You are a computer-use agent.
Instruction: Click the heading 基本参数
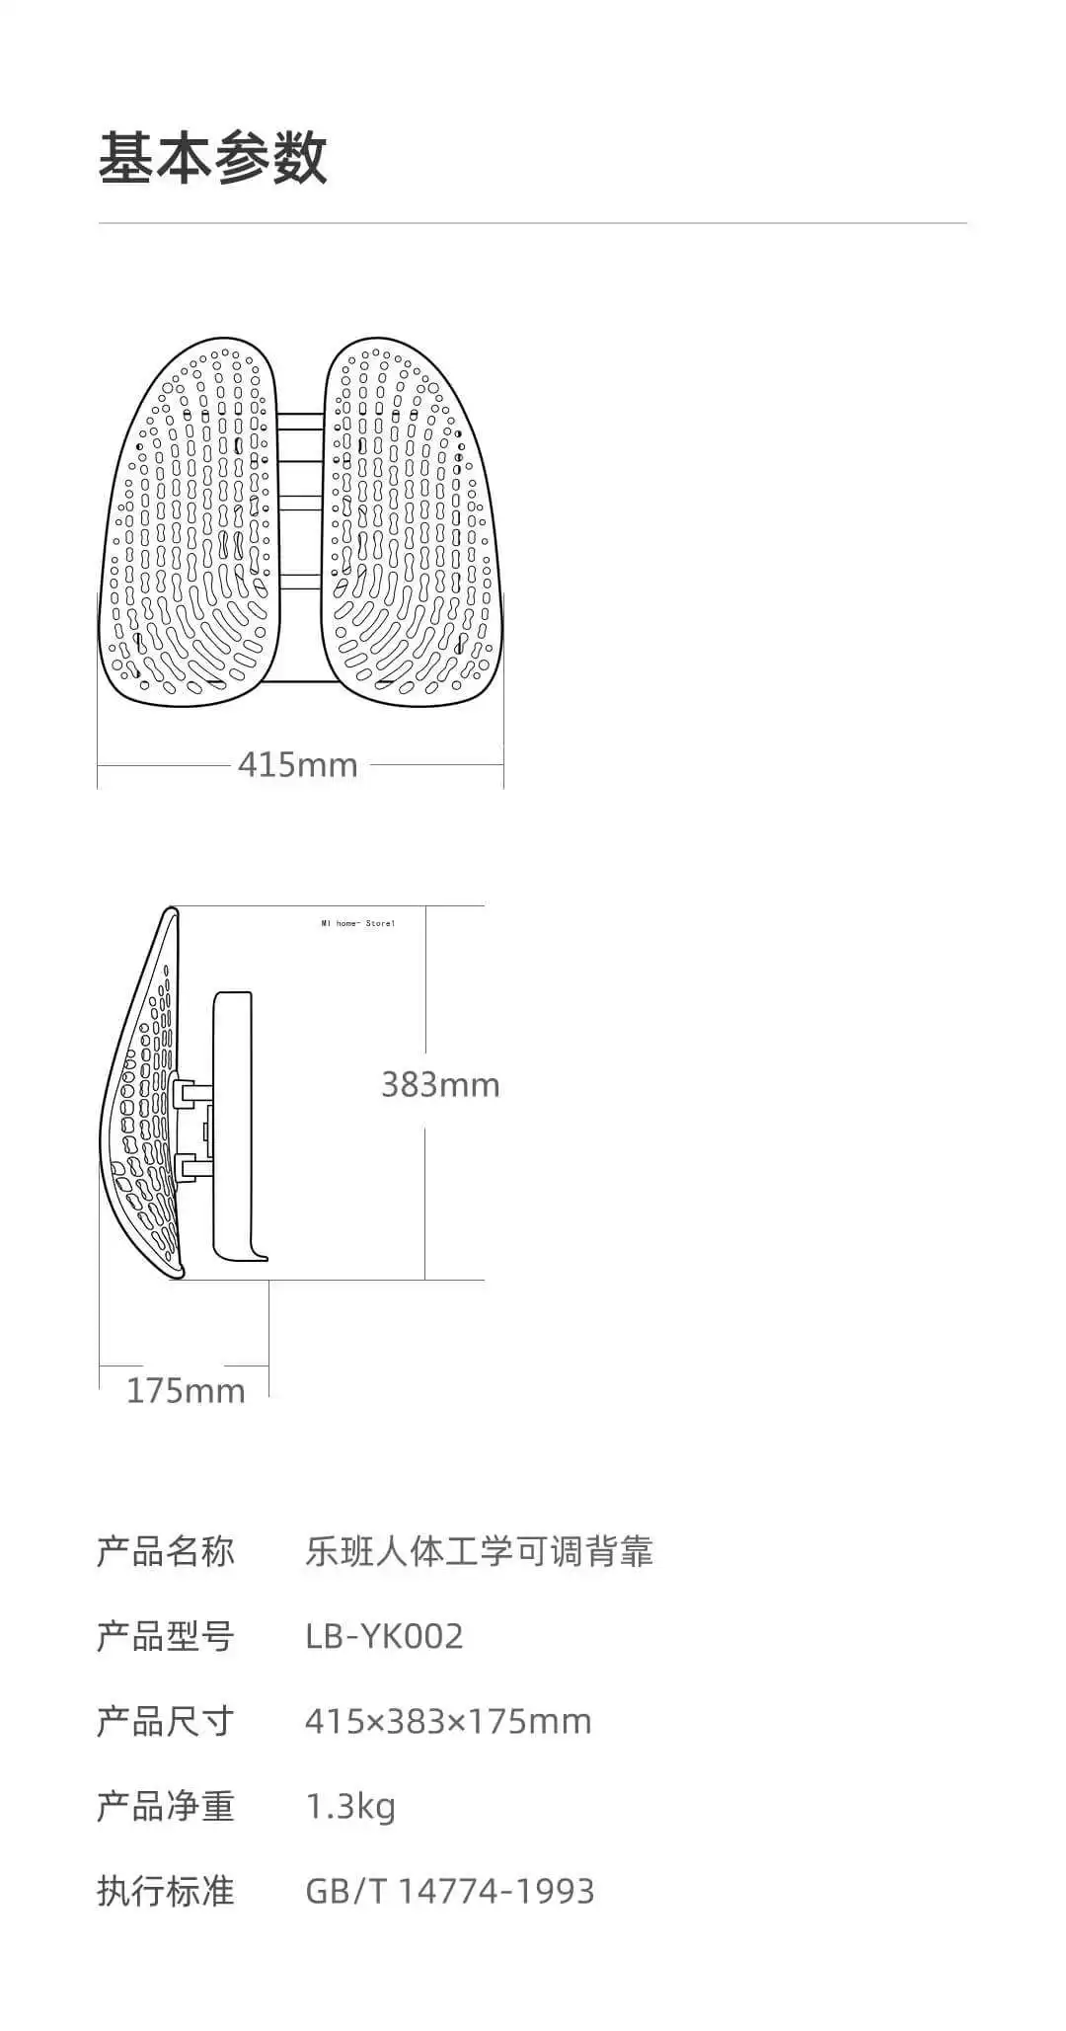[x=212, y=158]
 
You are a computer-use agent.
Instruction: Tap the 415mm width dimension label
[x=297, y=765]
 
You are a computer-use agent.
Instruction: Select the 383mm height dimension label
[x=440, y=1085]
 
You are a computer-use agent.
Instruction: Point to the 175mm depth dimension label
[x=186, y=1391]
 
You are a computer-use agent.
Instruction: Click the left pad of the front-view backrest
[x=187, y=523]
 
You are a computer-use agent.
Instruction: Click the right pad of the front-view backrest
[x=410, y=523]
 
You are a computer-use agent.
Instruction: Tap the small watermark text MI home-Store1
[x=357, y=924]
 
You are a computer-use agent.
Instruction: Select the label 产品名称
[x=165, y=1552]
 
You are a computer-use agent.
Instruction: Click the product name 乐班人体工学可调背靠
[x=479, y=1552]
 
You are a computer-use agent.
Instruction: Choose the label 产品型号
[x=165, y=1637]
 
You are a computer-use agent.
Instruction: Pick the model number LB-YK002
[x=384, y=1637]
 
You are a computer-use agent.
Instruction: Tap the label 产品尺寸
[x=165, y=1722]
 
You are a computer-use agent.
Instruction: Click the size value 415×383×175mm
[x=448, y=1722]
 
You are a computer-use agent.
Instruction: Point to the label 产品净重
[x=165, y=1807]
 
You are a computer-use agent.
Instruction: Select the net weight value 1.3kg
[x=350, y=1807]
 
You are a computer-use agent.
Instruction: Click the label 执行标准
[x=165, y=1892]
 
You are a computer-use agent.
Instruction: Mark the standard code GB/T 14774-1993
[x=450, y=1892]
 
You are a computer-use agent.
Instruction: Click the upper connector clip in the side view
[x=191, y=1092]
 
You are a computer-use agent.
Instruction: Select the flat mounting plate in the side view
[x=233, y=1126]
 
